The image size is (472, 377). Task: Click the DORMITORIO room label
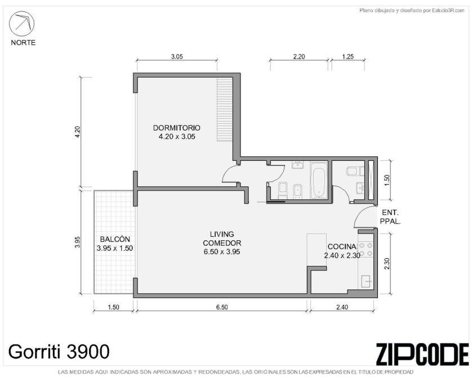tap(177, 128)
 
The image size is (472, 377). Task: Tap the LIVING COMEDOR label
tap(222, 239)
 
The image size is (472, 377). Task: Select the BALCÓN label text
tap(115, 239)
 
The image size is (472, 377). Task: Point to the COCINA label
tap(342, 247)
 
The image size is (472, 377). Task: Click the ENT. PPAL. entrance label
tap(390, 217)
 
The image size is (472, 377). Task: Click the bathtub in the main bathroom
tap(318, 181)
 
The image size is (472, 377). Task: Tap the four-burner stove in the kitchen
tap(366, 250)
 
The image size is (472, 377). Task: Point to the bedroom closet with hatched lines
tap(225, 110)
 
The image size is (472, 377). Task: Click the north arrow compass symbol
tap(21, 24)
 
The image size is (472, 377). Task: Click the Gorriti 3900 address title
tap(59, 352)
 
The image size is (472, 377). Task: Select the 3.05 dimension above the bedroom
tap(177, 56)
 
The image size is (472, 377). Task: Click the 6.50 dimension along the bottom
tap(222, 307)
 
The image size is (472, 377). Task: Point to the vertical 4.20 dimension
tap(77, 132)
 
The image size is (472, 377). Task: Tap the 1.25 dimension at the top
tap(348, 56)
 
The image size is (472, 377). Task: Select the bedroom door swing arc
tap(226, 172)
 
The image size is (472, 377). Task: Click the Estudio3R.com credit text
tap(412, 11)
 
